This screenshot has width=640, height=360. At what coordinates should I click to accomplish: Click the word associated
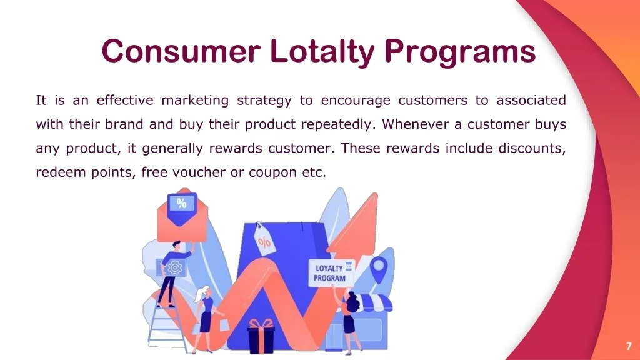click(531, 101)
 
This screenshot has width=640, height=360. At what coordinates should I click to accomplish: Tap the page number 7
click(628, 346)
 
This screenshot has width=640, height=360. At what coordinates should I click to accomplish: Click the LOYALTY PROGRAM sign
click(331, 273)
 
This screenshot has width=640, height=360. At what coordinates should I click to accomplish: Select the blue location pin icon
click(377, 269)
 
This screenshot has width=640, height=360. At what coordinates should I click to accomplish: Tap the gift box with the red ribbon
click(261, 337)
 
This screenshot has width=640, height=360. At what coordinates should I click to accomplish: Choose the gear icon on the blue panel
click(174, 267)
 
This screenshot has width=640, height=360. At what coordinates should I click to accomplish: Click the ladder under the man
click(164, 325)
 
